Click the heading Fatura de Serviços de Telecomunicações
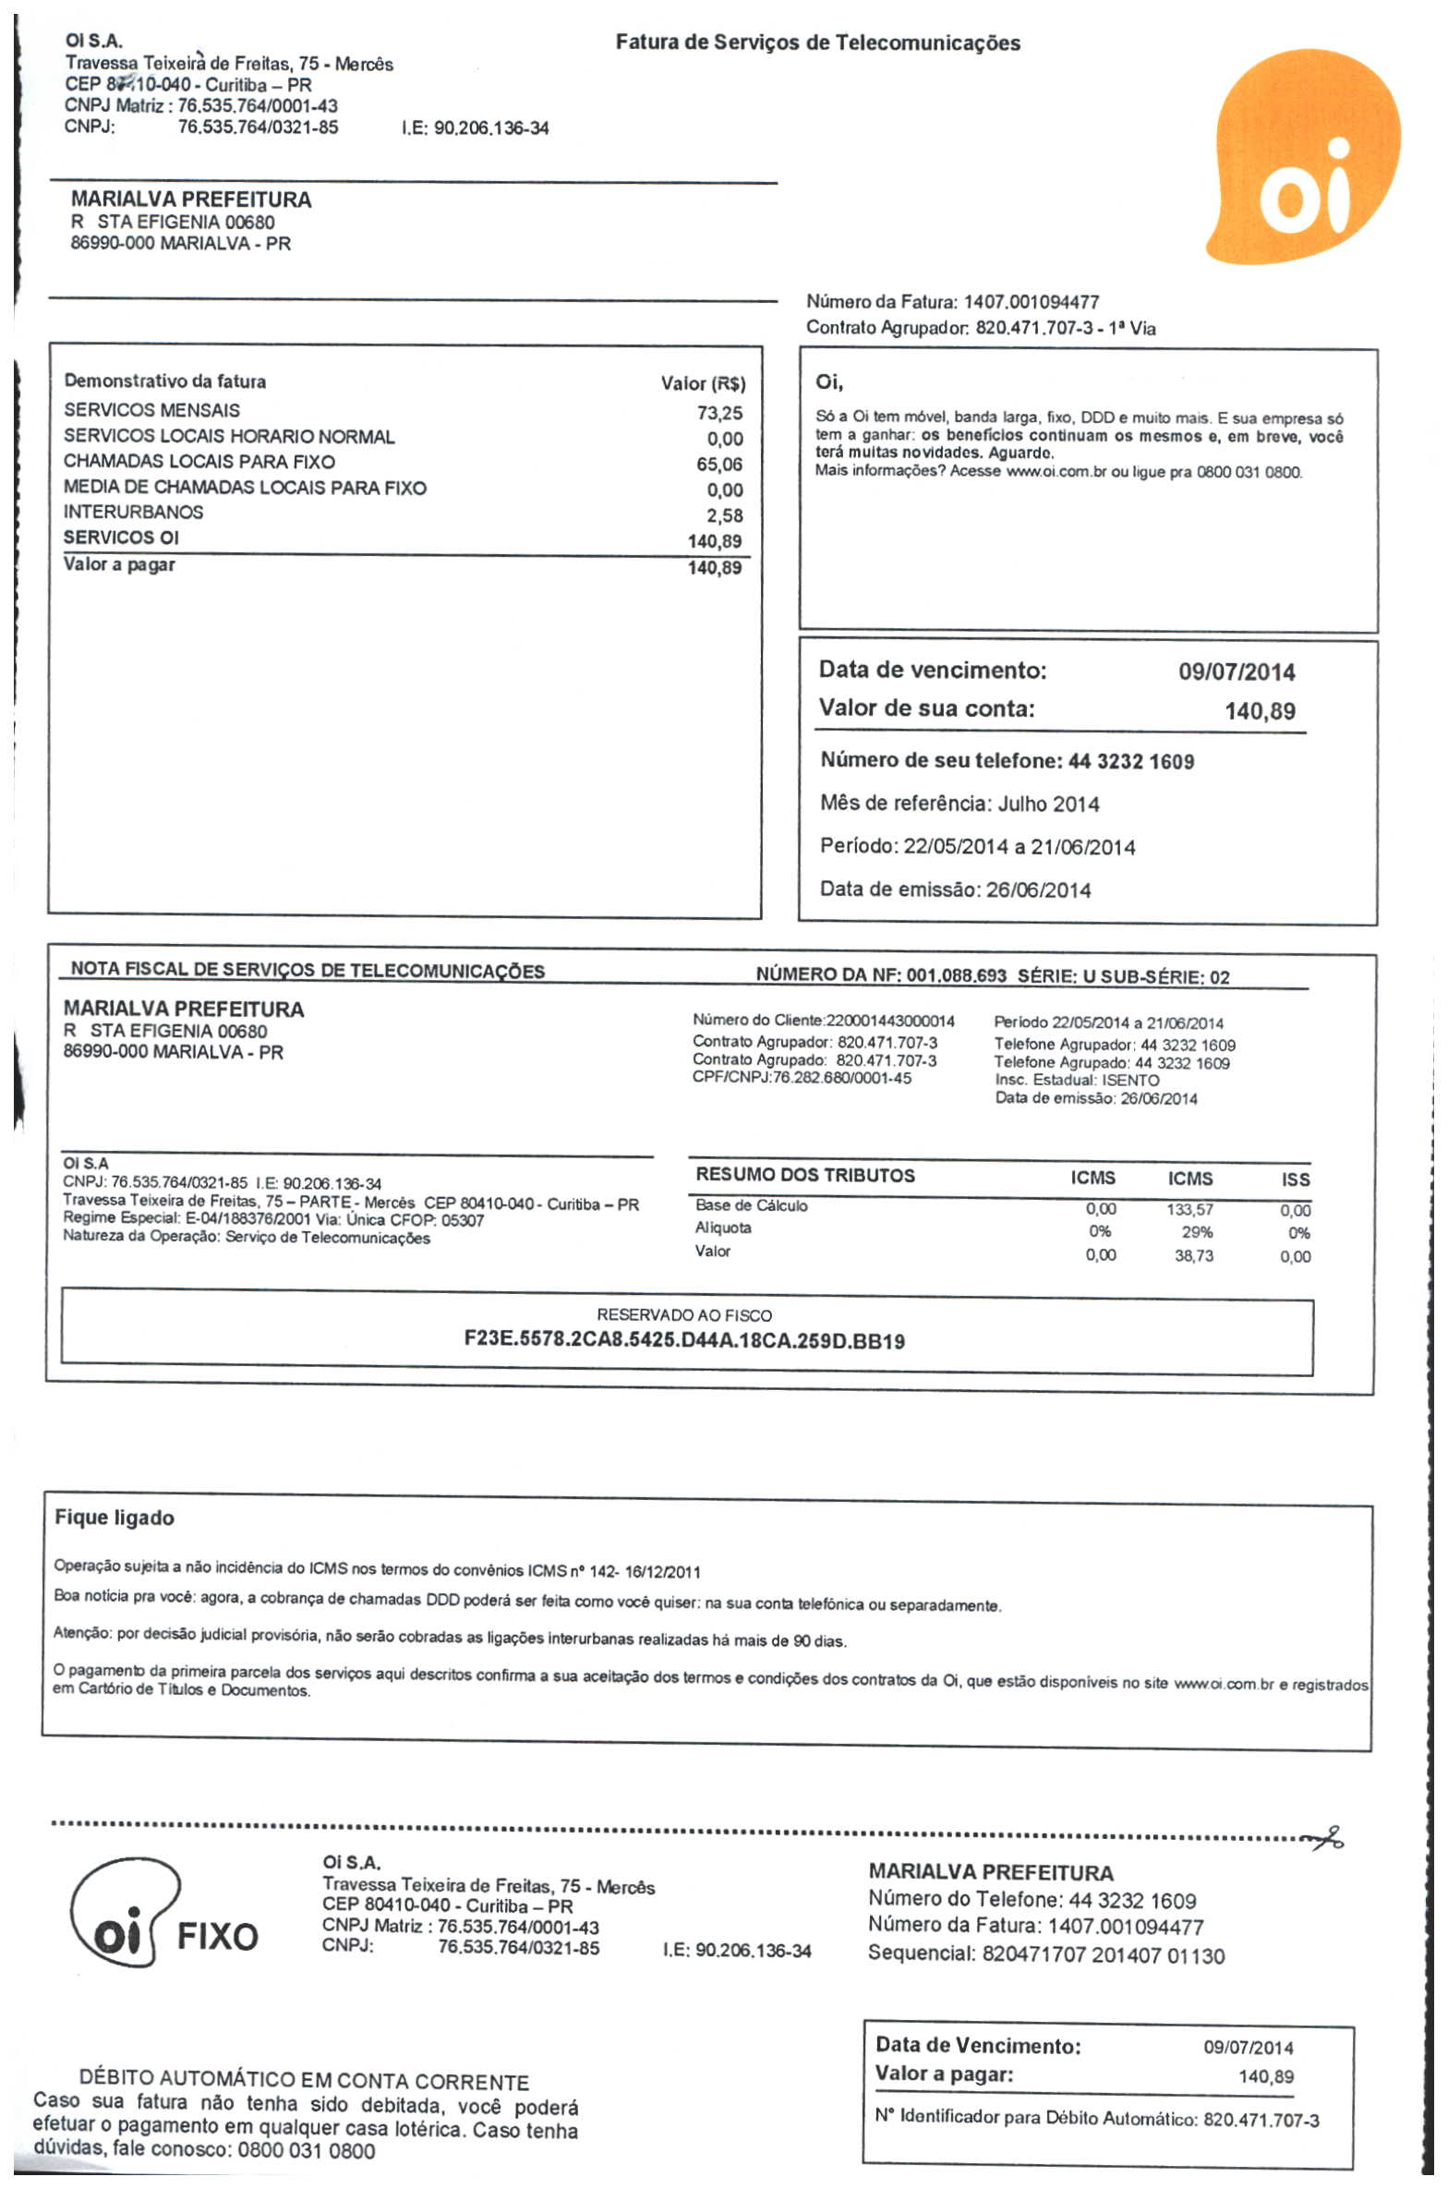(x=817, y=42)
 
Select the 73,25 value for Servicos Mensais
(x=719, y=413)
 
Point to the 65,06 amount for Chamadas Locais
(x=719, y=464)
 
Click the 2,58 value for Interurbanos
(x=725, y=515)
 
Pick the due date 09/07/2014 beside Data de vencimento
(x=1236, y=671)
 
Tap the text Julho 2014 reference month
(x=1048, y=804)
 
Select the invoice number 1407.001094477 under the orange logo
(x=1031, y=302)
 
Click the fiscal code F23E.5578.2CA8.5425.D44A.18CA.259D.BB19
(x=683, y=1340)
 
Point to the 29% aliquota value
(x=1196, y=1232)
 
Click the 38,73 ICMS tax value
(x=1193, y=1256)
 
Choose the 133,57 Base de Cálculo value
(x=1189, y=1209)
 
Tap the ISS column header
(x=1295, y=1179)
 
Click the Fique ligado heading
(x=115, y=1518)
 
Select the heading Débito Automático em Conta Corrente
(x=304, y=2082)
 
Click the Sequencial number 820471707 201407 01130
(x=1103, y=1955)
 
